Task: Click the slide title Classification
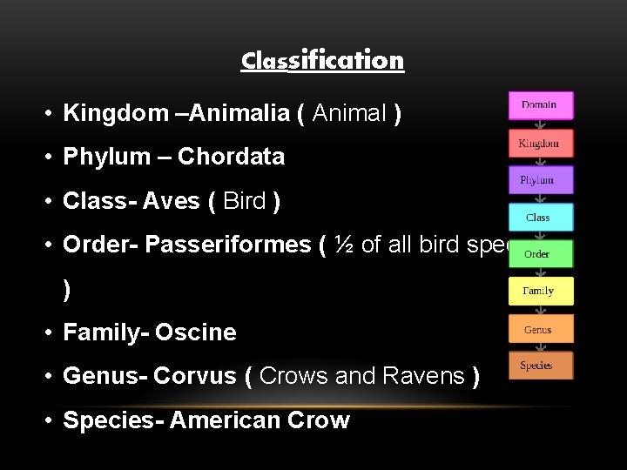pyautogui.click(x=322, y=60)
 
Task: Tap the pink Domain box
pyautogui.click(x=541, y=105)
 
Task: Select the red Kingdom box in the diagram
pyautogui.click(x=541, y=144)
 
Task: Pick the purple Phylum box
pyautogui.click(x=541, y=180)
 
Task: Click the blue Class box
pyautogui.click(x=541, y=218)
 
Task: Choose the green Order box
pyautogui.click(x=541, y=254)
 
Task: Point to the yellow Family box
pyautogui.click(x=541, y=292)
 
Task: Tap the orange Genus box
pyautogui.click(x=541, y=330)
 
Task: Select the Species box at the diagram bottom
pyautogui.click(x=541, y=366)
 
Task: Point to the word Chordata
pyautogui.click(x=231, y=158)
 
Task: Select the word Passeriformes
pyautogui.click(x=226, y=245)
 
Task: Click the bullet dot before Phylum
pyautogui.click(x=51, y=158)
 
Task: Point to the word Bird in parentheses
pyautogui.click(x=245, y=202)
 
